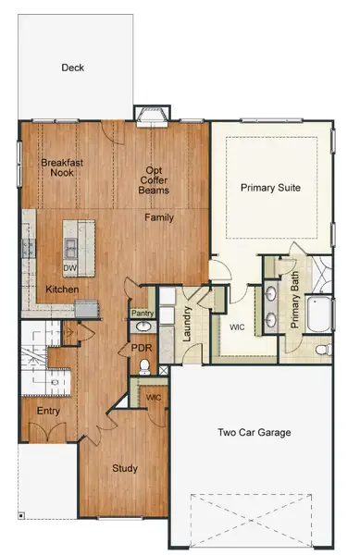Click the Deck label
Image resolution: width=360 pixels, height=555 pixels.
click(x=73, y=68)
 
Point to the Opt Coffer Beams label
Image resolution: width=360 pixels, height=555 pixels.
click(x=155, y=179)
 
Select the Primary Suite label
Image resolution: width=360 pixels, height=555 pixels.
click(x=270, y=187)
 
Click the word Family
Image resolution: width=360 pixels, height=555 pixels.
click(x=159, y=217)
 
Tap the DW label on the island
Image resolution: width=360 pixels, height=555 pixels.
click(x=69, y=268)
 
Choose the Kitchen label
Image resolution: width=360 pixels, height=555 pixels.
click(x=62, y=290)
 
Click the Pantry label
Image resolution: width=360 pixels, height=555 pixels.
click(x=142, y=314)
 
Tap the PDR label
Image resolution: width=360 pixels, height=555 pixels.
click(x=141, y=348)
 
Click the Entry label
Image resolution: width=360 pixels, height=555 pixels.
click(x=48, y=411)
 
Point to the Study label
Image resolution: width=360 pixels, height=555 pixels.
click(x=125, y=468)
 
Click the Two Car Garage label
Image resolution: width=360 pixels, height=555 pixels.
click(x=254, y=432)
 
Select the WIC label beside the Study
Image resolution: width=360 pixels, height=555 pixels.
click(x=154, y=397)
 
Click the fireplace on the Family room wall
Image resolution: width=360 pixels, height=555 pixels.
click(x=150, y=115)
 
